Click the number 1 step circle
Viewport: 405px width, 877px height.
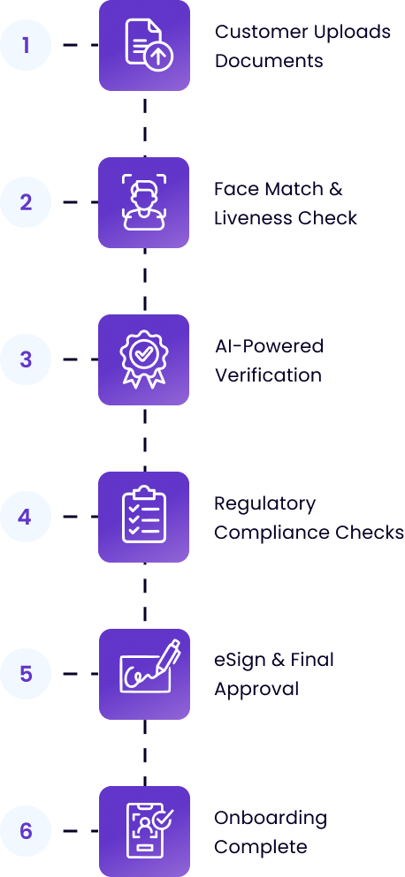pyautogui.click(x=26, y=45)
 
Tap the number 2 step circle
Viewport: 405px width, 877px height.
pyautogui.click(x=26, y=202)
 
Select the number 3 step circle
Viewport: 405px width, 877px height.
pyautogui.click(x=26, y=359)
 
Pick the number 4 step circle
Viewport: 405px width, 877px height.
pyautogui.click(x=26, y=517)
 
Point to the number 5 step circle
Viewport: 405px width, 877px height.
pyautogui.click(x=26, y=674)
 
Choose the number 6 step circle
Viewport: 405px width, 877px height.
pyautogui.click(x=26, y=831)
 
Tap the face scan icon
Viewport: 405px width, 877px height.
pyautogui.click(x=144, y=202)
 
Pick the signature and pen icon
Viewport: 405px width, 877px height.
pyautogui.click(x=149, y=667)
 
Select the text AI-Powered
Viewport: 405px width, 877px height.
pyautogui.click(x=270, y=347)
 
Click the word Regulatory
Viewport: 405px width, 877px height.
pyautogui.click(x=265, y=505)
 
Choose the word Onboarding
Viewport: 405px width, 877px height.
pyautogui.click(x=271, y=820)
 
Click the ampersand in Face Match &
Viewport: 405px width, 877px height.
pyautogui.click(x=335, y=189)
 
